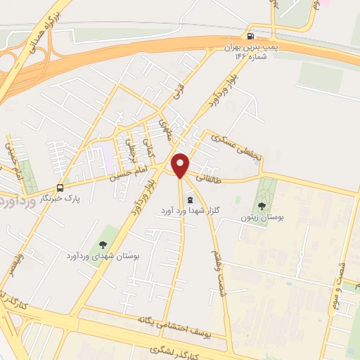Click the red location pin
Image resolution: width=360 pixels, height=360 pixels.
[181, 165]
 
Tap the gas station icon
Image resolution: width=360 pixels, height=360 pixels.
[250, 36]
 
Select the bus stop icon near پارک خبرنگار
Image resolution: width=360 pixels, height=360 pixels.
[60, 188]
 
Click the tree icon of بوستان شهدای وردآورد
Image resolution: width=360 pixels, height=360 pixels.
[103, 244]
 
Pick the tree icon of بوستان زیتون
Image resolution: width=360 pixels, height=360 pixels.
[262, 206]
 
